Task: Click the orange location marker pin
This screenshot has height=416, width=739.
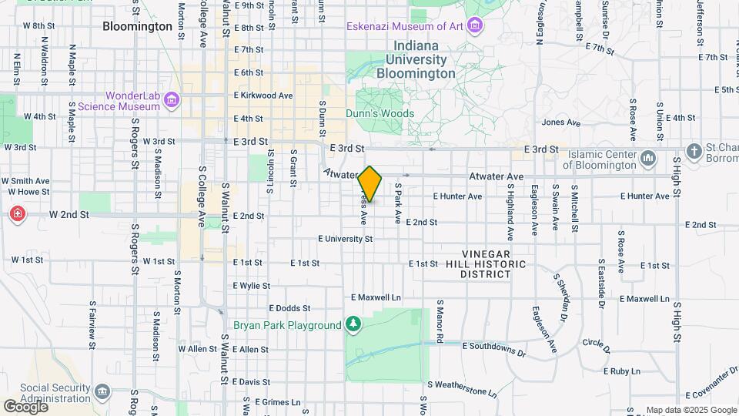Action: click(x=370, y=183)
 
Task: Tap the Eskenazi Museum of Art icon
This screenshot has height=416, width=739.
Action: click(x=475, y=27)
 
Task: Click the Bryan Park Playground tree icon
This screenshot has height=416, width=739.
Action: click(x=353, y=325)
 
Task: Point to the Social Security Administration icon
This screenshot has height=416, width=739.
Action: click(x=102, y=393)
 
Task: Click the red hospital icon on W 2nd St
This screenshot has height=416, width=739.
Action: click(x=16, y=213)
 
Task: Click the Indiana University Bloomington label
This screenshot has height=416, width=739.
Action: click(x=416, y=60)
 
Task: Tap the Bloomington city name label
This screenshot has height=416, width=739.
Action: click(x=137, y=26)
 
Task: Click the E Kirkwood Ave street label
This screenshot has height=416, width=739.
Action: click(x=263, y=96)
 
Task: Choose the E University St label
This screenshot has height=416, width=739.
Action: click(x=345, y=239)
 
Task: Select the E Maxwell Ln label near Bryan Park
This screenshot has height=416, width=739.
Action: click(x=376, y=297)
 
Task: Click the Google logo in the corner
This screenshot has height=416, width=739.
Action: click(x=25, y=406)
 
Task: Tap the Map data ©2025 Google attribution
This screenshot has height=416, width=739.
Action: click(x=691, y=410)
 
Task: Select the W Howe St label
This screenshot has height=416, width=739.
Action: click(x=28, y=191)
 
